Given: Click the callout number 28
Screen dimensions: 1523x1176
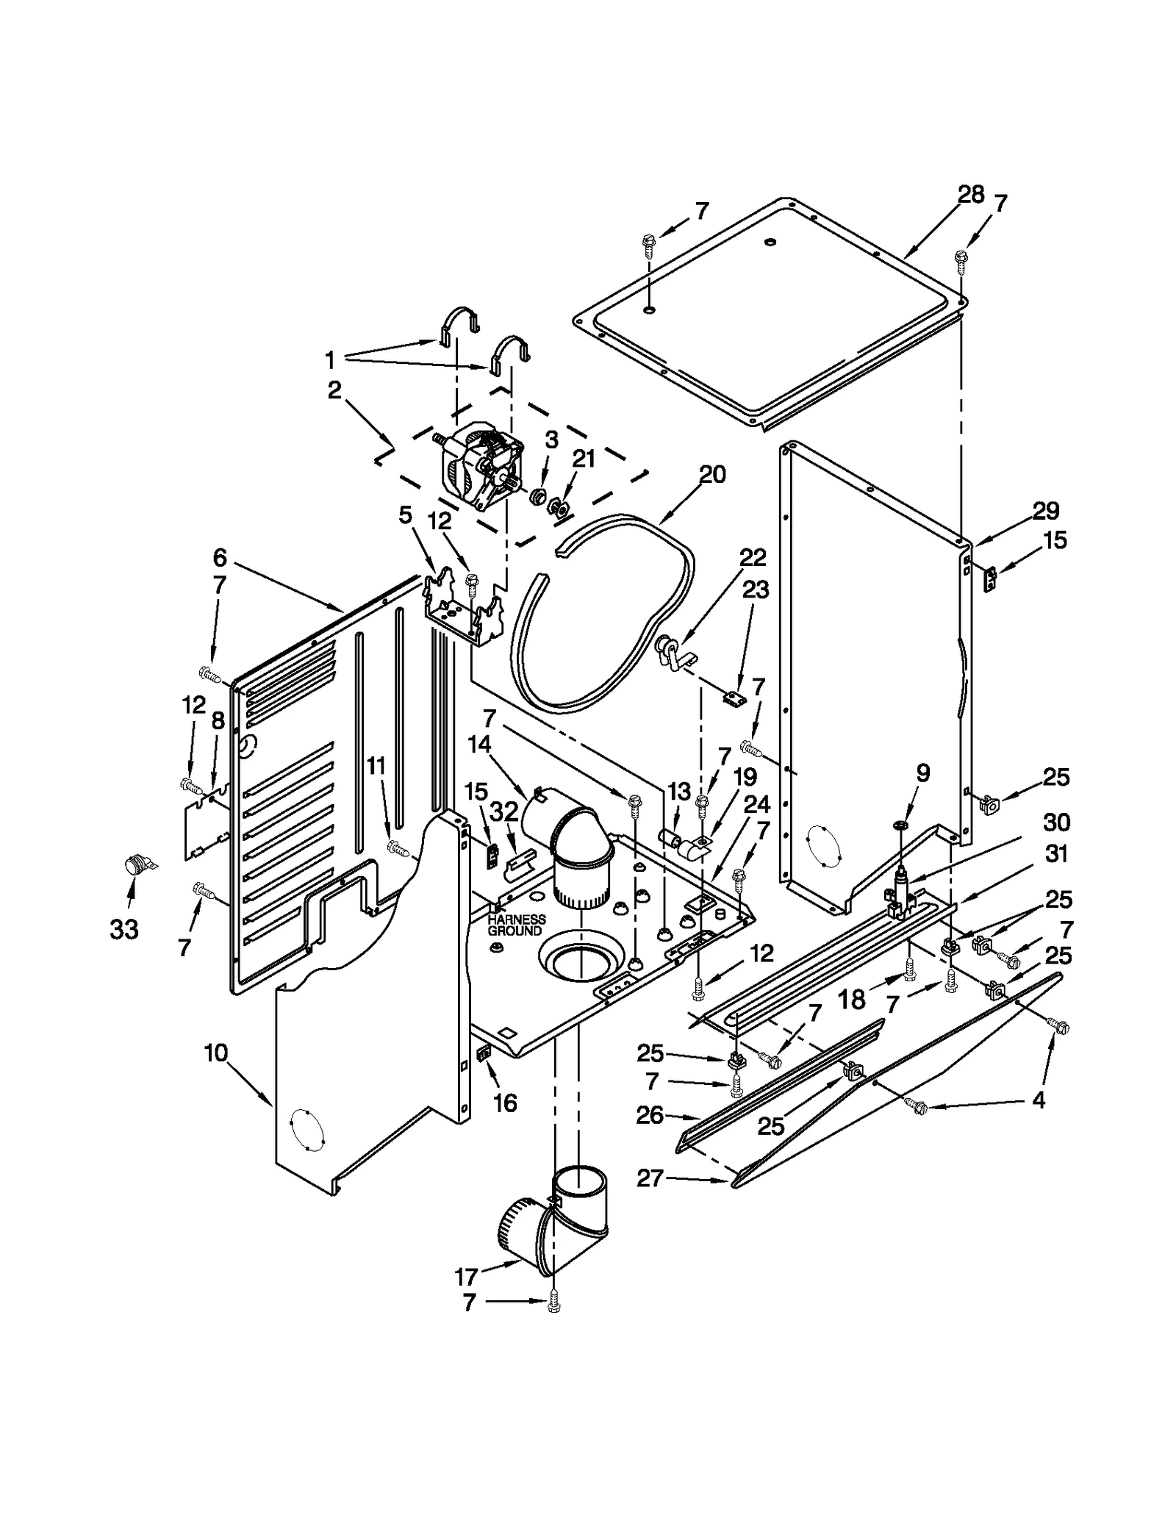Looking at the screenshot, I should pyautogui.click(x=970, y=194).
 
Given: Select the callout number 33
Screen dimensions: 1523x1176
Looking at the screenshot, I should pyautogui.click(x=124, y=930).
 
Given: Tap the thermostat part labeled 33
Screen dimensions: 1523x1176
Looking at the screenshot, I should pyautogui.click(x=135, y=864).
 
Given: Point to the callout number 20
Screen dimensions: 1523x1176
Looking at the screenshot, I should pyautogui.click(x=711, y=474).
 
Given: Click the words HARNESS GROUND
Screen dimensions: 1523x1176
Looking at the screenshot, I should pyautogui.click(x=517, y=925).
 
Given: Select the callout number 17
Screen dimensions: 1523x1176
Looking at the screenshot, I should pyautogui.click(x=466, y=1277).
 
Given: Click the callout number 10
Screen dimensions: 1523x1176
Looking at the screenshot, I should pyautogui.click(x=216, y=1053).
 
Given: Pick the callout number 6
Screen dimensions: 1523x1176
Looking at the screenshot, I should pyautogui.click(x=220, y=557).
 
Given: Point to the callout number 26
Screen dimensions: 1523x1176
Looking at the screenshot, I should pyautogui.click(x=650, y=1115).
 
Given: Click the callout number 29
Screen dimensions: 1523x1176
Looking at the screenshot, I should pyautogui.click(x=1045, y=510).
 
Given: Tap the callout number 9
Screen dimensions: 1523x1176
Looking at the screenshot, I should pyautogui.click(x=923, y=773).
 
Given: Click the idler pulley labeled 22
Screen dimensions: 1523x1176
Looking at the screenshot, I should pyautogui.click(x=667, y=650).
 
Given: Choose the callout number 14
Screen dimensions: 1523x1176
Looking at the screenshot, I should pyautogui.click(x=478, y=744).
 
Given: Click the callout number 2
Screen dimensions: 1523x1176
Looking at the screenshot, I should pyautogui.click(x=334, y=390).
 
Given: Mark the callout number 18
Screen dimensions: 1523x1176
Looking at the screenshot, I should pyautogui.click(x=851, y=999).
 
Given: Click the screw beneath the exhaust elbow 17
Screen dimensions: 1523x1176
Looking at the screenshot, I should pyautogui.click(x=554, y=1304).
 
